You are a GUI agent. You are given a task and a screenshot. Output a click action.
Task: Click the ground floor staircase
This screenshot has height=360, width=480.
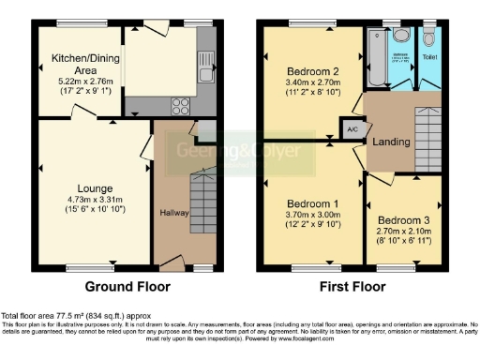coord(202,201)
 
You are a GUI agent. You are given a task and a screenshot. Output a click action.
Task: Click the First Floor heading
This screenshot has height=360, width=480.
coord(353,286)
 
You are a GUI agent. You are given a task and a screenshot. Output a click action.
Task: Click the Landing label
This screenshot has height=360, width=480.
coord(389,142)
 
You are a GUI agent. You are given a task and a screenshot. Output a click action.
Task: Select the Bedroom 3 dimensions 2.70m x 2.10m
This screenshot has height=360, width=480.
coord(404,226)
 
